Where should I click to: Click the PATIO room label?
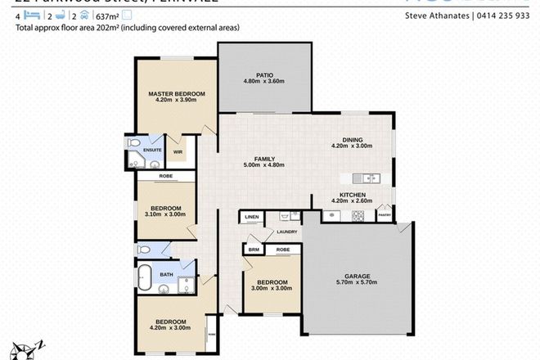(x=263, y=74)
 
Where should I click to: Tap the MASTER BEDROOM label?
(x=176, y=94)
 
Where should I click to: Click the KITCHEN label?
(x=352, y=195)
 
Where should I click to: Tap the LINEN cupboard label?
(x=250, y=217)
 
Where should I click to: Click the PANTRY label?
(x=385, y=216)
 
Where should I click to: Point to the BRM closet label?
(x=254, y=249)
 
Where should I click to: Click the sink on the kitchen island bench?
(x=368, y=178)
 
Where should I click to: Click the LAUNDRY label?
(x=286, y=232)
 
